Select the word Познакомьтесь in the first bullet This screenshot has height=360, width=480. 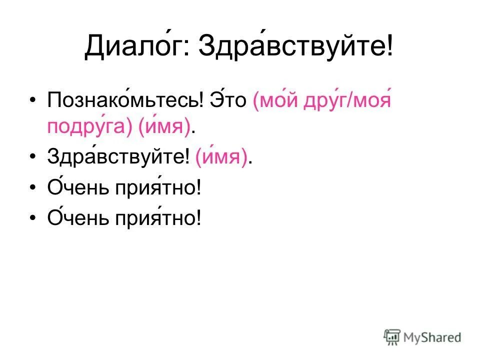tap(124, 99)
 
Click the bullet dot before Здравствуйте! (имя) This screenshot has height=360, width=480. tap(33, 159)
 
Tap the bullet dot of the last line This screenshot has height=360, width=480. tap(33, 219)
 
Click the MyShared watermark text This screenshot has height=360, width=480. tap(433, 337)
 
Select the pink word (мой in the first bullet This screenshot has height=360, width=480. tap(274, 99)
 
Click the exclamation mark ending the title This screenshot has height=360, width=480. tap(388, 48)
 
